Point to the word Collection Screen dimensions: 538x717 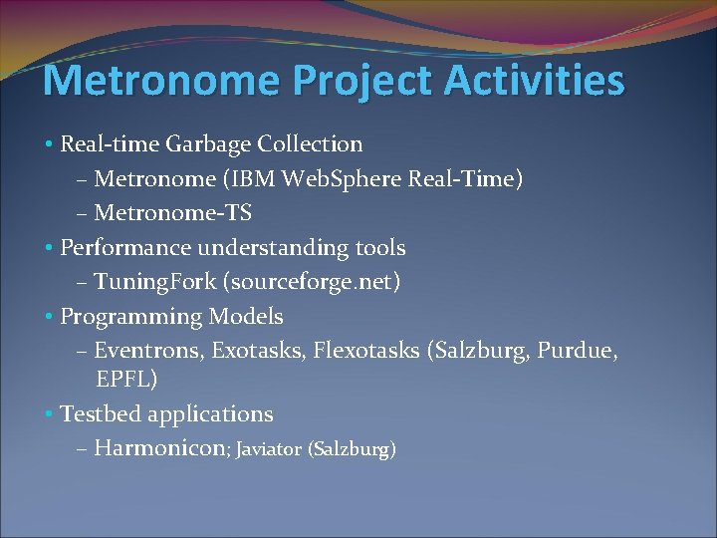click(310, 144)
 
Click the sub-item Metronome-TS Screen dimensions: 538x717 click(172, 213)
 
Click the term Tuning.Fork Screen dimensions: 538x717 click(157, 283)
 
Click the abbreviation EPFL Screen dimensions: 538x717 click(126, 380)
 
